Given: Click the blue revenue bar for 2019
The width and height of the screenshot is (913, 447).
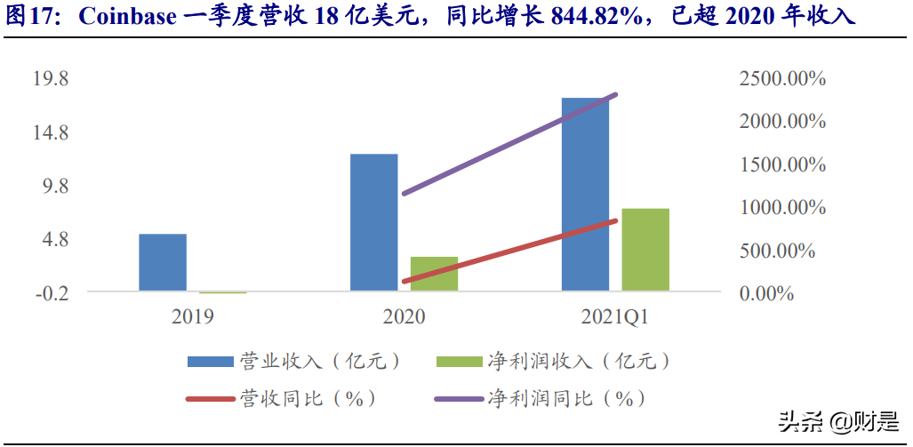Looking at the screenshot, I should (x=163, y=262).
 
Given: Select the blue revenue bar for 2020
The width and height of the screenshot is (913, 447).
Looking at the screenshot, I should (x=374, y=222).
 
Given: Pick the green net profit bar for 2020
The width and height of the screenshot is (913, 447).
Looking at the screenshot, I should (x=434, y=274).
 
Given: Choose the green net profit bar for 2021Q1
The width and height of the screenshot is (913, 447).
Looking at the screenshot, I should (x=645, y=250).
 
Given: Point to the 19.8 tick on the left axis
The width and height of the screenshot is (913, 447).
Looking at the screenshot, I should (x=51, y=79).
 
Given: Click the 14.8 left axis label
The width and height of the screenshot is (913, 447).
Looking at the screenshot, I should (x=51, y=132).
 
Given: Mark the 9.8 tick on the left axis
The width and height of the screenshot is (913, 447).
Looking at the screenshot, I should (x=55, y=186).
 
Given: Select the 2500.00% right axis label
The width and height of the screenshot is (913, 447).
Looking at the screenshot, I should (x=782, y=79).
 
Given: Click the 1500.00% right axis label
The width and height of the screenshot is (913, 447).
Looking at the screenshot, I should (x=782, y=164).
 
